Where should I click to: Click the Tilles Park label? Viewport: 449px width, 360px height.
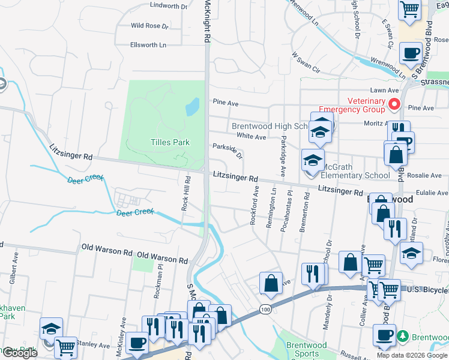pyautogui.click(x=170, y=142)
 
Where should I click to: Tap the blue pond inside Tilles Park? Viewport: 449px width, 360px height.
pyautogui.click(x=192, y=107)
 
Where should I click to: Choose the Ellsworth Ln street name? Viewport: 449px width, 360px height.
pyautogui.click(x=148, y=45)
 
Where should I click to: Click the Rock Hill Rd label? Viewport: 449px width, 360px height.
pyautogui.click(x=186, y=193)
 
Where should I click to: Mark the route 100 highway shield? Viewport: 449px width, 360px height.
pyautogui.click(x=265, y=309)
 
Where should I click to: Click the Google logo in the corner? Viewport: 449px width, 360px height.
pyautogui.click(x=19, y=353)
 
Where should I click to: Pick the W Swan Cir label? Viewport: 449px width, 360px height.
pyautogui.click(x=306, y=62)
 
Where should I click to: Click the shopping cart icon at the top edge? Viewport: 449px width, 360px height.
pyautogui.click(x=409, y=10)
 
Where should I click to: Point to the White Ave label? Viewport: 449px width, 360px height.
pyautogui.click(x=251, y=137)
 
